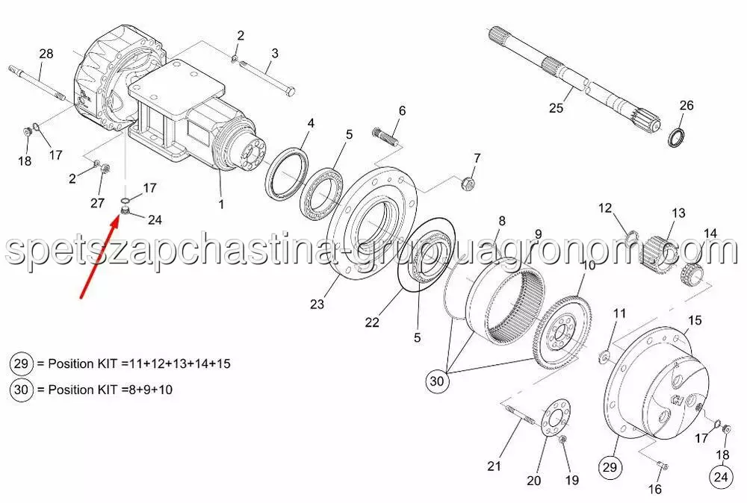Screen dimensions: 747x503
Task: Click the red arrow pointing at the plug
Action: [99, 257]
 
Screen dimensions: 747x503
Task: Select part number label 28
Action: [46, 54]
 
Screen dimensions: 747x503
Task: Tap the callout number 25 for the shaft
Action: [556, 108]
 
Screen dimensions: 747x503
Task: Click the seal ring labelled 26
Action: [675, 137]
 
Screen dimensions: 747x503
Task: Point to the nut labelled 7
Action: [468, 182]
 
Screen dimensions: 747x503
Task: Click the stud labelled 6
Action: [385, 134]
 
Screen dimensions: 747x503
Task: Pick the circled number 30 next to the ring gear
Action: [436, 381]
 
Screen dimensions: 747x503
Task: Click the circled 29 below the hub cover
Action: [610, 467]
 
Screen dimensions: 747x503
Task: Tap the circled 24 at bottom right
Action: [722, 476]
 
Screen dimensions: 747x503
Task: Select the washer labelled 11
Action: [604, 356]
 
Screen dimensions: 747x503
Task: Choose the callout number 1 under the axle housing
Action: [221, 204]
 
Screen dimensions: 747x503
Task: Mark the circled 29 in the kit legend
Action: [22, 364]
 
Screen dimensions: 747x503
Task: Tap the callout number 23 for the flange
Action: [317, 304]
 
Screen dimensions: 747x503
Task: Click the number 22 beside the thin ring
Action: [372, 322]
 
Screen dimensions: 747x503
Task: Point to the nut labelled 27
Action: [106, 168]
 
